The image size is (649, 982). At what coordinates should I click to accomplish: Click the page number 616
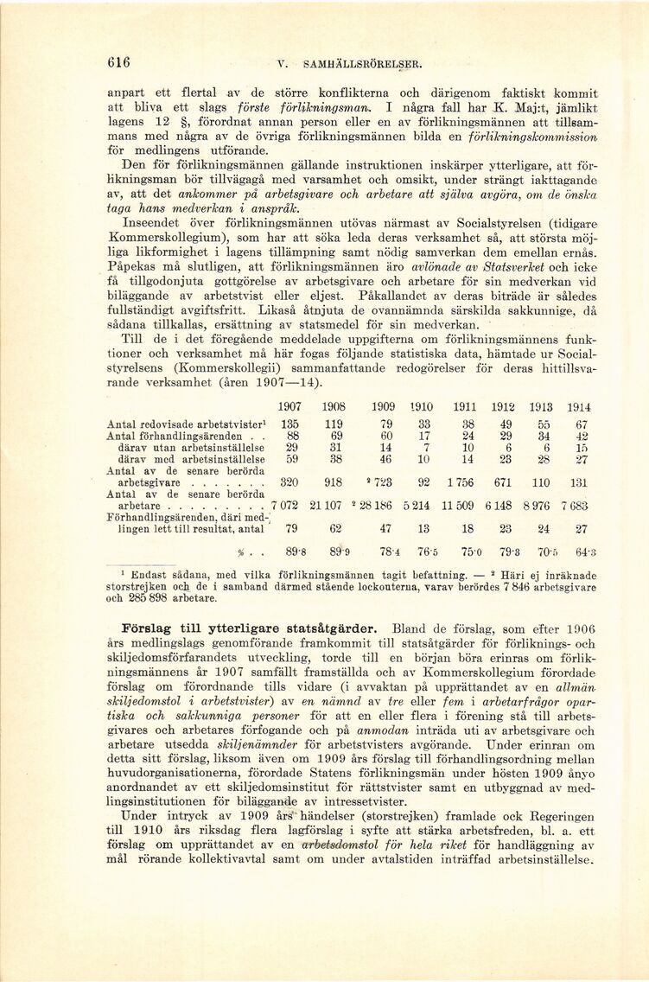coord(118,62)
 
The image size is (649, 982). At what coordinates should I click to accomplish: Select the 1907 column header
coord(290,407)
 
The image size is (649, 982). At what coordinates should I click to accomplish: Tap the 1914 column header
coord(579,407)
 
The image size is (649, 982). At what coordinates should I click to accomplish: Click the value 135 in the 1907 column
coord(290,424)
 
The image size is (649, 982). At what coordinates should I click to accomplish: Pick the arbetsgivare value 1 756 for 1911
coord(464,482)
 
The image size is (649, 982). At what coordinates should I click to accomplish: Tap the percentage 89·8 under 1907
coord(290,552)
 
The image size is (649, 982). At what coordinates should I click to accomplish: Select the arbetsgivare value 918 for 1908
coord(332,482)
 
